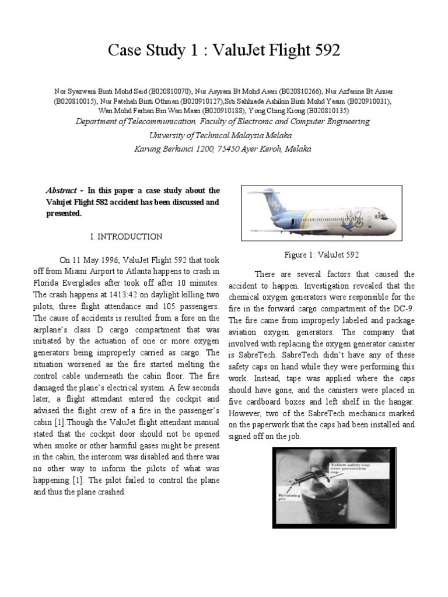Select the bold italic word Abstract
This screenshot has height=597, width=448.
[x=62, y=191]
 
